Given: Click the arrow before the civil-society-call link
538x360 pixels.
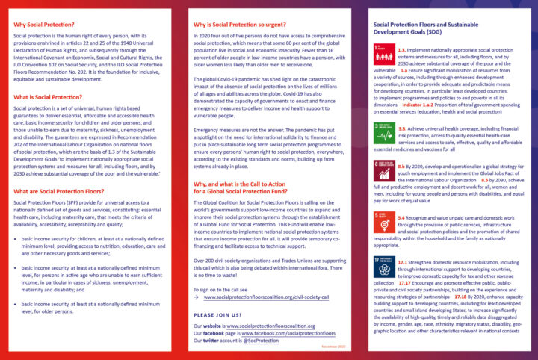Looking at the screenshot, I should (197, 297).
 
